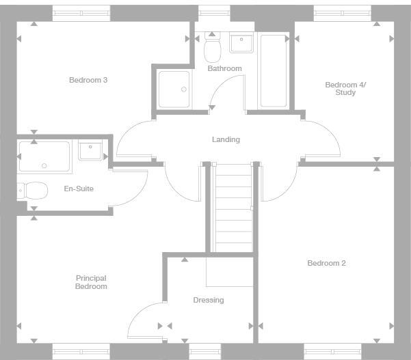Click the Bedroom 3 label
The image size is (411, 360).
click(88, 80)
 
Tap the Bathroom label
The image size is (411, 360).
click(224, 68)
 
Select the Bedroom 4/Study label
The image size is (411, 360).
click(345, 88)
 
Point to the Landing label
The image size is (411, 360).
click(226, 139)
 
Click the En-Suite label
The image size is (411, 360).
click(79, 189)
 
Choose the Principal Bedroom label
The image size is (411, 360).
click(91, 282)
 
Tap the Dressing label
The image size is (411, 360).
click(208, 300)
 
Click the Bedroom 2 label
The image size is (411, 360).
click(326, 263)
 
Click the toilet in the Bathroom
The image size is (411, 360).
click(212, 48)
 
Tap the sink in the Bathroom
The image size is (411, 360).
click(241, 44)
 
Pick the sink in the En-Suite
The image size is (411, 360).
click(90, 150)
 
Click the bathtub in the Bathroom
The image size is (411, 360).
click(274, 70)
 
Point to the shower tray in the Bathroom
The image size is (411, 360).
click(174, 89)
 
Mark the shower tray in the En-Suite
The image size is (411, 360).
click(44, 156)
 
